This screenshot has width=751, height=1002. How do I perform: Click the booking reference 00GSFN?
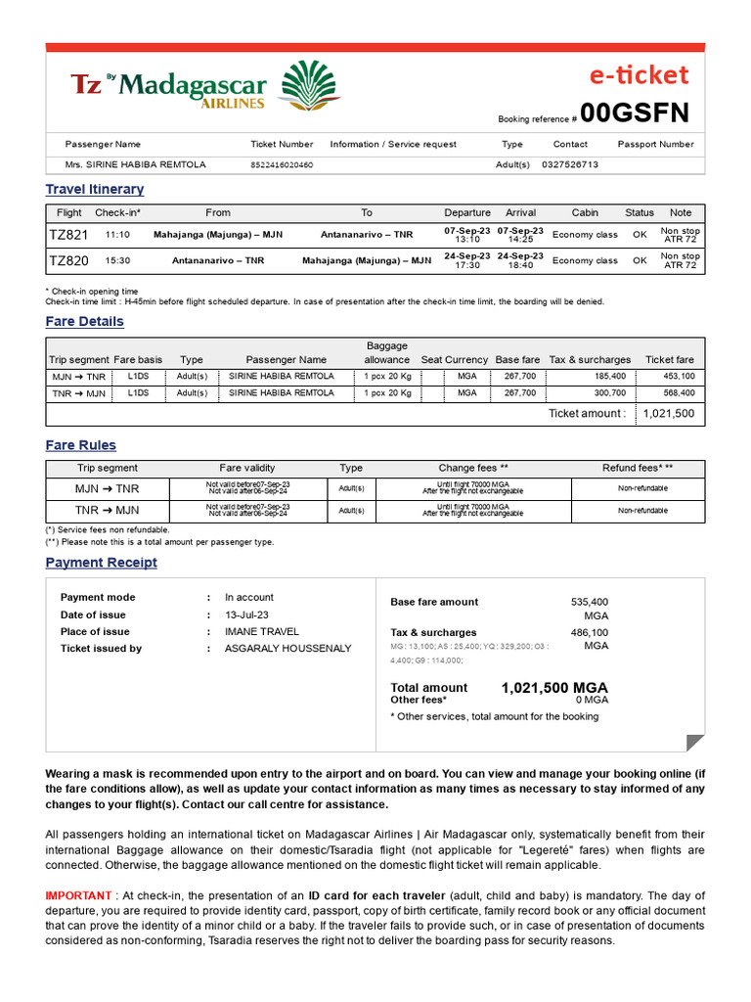[x=634, y=114]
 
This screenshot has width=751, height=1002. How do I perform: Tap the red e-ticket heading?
[x=638, y=75]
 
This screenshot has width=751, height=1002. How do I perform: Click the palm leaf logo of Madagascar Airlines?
[x=310, y=85]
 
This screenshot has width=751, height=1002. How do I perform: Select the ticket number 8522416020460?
[x=282, y=165]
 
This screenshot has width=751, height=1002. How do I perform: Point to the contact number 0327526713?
[x=569, y=165]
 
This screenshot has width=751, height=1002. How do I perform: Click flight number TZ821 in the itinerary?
[x=68, y=236]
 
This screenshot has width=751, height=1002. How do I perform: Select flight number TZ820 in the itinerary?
[x=68, y=261]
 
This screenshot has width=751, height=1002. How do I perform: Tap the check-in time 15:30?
[x=118, y=261]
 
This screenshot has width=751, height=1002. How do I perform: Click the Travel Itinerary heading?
[x=95, y=189]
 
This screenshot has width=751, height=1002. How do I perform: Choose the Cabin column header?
[x=585, y=212]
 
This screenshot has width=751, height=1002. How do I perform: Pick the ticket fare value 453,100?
[x=679, y=376]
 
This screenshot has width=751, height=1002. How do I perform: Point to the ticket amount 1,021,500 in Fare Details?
[x=668, y=414]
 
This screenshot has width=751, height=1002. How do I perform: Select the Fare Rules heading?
[x=80, y=445]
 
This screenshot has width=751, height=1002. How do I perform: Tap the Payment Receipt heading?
[x=101, y=563]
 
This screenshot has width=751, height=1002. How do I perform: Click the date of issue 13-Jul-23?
[x=247, y=615]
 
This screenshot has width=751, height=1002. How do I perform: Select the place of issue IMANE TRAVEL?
[x=262, y=632]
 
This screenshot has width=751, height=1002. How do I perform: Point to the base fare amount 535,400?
[x=589, y=602]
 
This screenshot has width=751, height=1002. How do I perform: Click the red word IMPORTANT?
[x=78, y=896]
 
